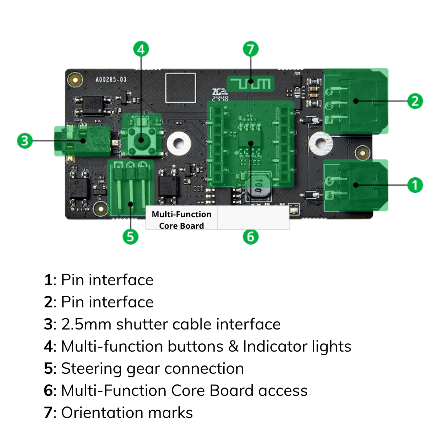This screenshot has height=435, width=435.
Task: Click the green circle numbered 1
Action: pyautogui.click(x=415, y=185)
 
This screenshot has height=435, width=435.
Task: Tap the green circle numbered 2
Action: pyautogui.click(x=415, y=101)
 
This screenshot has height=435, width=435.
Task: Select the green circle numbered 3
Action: pyautogui.click(x=25, y=141)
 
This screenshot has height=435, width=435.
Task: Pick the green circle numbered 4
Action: pyautogui.click(x=141, y=49)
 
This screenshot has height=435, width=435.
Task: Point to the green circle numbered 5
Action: pyautogui.click(x=130, y=237)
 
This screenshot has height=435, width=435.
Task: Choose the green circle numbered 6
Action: pyautogui.click(x=250, y=237)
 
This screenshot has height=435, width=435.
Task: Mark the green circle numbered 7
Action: pyautogui.click(x=250, y=49)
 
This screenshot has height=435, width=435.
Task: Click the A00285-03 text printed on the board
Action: pyautogui.click(x=111, y=79)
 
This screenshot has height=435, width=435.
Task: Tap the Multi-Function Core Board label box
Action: pyautogui.click(x=181, y=220)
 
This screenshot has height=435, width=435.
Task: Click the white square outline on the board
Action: pyautogui.click(x=181, y=88)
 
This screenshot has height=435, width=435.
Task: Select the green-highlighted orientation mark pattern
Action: pyautogui.click(x=250, y=84)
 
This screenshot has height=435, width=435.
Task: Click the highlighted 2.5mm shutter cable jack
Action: pyautogui.click(x=83, y=141)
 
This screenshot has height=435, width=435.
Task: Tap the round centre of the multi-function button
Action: pyautogui.click(x=141, y=140)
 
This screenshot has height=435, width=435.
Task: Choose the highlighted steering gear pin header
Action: pyautogui.click(x=130, y=188)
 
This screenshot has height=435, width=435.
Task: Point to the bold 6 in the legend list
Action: pyautogui.click(x=48, y=390)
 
